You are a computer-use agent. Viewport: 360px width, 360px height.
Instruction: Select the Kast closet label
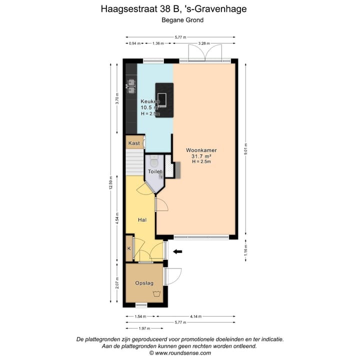tap(133, 143)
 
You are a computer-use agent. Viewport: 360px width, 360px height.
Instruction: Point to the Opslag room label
tap(144, 283)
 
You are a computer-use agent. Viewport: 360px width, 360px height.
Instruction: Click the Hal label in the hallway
tap(142, 219)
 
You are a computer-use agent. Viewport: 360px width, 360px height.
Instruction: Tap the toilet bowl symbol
tap(154, 162)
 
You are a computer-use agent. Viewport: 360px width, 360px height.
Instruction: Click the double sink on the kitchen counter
tap(131, 86)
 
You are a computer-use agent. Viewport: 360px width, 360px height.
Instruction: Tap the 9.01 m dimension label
tap(245, 148)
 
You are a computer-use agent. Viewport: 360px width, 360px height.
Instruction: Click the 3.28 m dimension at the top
tap(203, 43)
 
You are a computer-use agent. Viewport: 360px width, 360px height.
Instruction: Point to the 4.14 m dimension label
tap(196, 316)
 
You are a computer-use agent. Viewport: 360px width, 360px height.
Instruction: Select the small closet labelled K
tap(129, 248)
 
